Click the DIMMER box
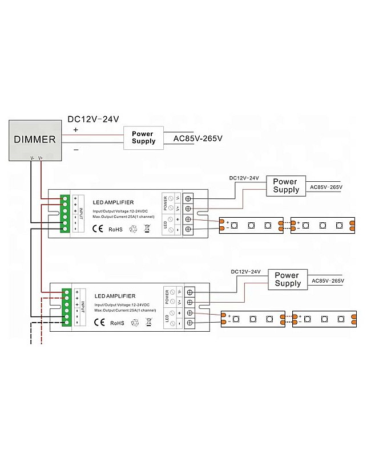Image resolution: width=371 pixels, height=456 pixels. pyautogui.click(x=34, y=139)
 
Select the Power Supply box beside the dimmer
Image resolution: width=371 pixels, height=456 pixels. pyautogui.click(x=143, y=137)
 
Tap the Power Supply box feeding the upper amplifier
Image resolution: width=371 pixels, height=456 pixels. pyautogui.click(x=285, y=186)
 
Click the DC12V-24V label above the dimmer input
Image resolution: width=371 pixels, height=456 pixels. pyautogui.click(x=93, y=119)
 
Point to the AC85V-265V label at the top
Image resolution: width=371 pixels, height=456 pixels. pyautogui.click(x=197, y=139)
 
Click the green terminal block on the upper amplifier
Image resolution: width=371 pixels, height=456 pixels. pyautogui.click(x=65, y=214)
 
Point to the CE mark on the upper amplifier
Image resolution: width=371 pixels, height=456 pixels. pyautogui.click(x=98, y=229)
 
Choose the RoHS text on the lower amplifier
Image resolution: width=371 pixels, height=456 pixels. pyautogui.click(x=117, y=323)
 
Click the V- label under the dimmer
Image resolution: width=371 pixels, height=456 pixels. pyautogui.click(x=33, y=158)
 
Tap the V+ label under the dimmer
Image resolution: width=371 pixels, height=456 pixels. pyautogui.click(x=41, y=158)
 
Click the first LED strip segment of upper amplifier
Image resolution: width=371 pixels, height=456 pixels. pyautogui.click(x=251, y=225)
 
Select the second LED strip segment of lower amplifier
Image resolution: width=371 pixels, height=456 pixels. pyautogui.click(x=324, y=319)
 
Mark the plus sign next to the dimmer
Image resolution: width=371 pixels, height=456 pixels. pyautogui.click(x=75, y=129)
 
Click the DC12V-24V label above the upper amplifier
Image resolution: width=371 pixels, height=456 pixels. pyautogui.click(x=244, y=178)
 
